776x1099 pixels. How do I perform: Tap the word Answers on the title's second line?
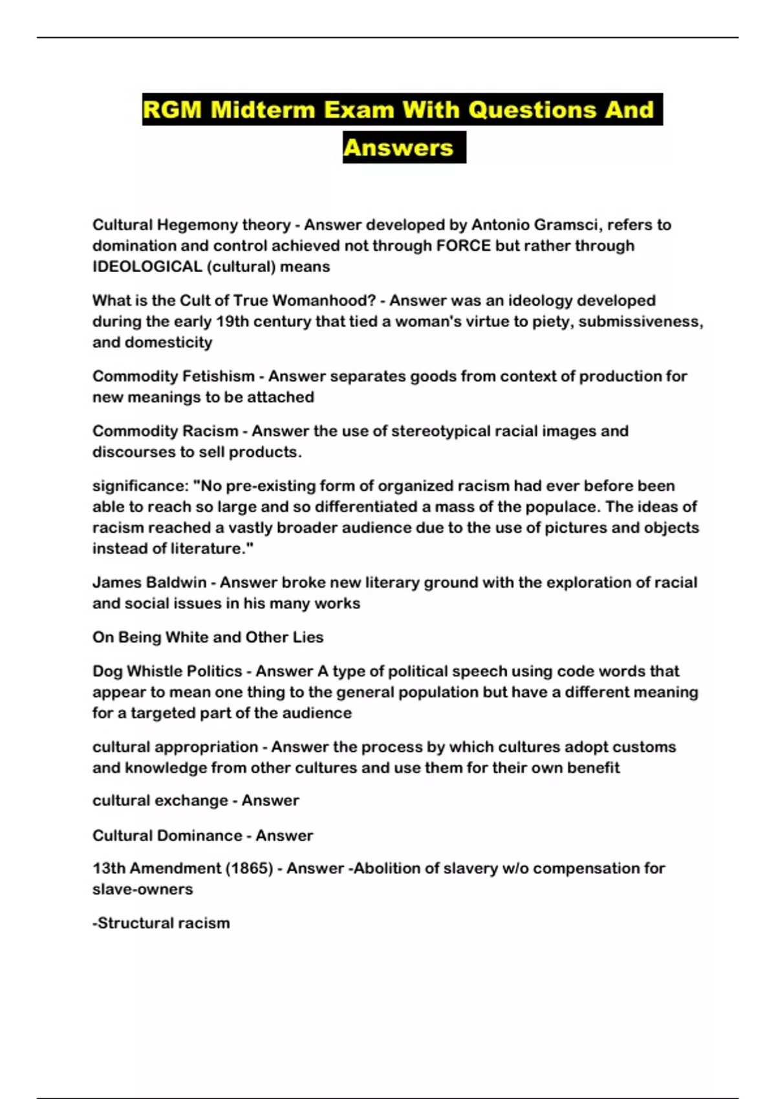pos(398,147)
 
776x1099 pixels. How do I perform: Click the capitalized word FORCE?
pos(464,246)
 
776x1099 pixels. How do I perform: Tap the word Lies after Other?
pos(308,637)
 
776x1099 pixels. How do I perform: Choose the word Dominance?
pos(200,835)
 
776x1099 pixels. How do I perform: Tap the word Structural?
pos(136,923)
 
